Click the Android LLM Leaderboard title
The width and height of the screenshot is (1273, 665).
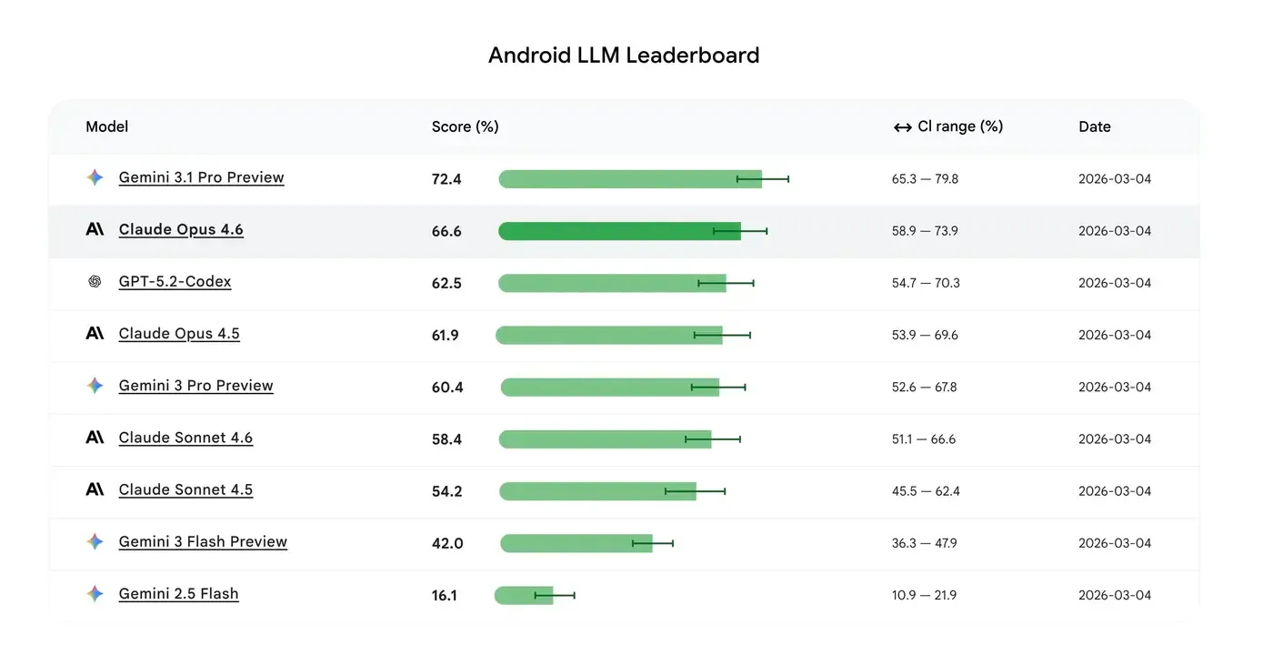(x=624, y=55)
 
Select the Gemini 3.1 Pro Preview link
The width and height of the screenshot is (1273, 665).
(x=201, y=177)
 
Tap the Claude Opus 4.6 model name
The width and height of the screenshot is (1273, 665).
(x=181, y=229)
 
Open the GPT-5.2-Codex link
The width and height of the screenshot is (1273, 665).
(x=175, y=281)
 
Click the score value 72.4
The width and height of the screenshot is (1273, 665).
(x=446, y=179)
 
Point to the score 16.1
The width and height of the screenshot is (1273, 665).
(x=445, y=596)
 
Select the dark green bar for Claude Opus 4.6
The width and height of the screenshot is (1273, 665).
(x=618, y=231)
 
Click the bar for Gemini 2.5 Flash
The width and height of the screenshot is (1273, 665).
(x=524, y=596)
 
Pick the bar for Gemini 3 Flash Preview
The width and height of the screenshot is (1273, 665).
(x=576, y=543)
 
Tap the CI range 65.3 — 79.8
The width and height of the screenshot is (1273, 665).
(x=925, y=179)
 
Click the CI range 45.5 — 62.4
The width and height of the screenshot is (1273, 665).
(x=926, y=491)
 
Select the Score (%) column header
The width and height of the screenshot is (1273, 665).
(x=465, y=126)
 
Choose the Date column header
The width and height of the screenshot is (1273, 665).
(x=1094, y=126)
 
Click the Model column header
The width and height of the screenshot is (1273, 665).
(x=106, y=126)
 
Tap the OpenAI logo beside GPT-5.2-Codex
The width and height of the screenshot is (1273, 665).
(x=95, y=282)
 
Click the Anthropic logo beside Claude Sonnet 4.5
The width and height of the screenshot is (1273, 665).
(x=95, y=489)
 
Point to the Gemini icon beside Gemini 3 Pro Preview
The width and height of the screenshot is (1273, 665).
(x=95, y=386)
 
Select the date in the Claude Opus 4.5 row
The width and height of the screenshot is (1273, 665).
(x=1114, y=335)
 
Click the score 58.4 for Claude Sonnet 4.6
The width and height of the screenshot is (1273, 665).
(x=446, y=439)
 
